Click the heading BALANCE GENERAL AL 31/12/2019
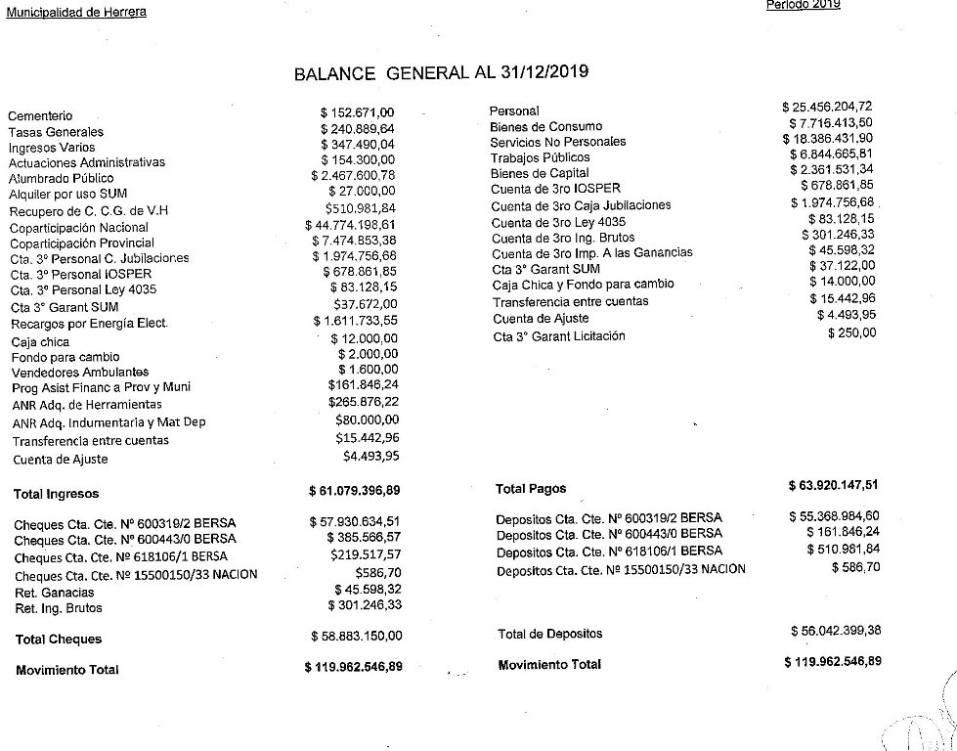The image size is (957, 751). click(x=441, y=73)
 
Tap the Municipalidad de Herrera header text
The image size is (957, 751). click(x=76, y=13)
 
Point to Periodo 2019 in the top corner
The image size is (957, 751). click(x=804, y=5)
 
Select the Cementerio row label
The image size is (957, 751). click(x=40, y=116)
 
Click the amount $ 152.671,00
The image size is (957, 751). click(x=358, y=112)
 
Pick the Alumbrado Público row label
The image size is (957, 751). click(x=62, y=178)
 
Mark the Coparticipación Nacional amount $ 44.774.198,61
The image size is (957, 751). click(x=354, y=225)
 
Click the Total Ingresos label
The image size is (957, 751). click(x=57, y=494)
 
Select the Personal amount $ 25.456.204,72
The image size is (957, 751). click(x=827, y=107)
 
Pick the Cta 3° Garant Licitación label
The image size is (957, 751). click(x=559, y=336)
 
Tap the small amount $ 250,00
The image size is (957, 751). click(x=852, y=332)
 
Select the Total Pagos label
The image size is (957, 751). click(x=531, y=488)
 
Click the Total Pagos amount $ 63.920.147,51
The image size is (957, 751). click(x=833, y=485)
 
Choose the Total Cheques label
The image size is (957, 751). click(x=59, y=640)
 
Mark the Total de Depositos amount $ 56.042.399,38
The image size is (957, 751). click(x=836, y=633)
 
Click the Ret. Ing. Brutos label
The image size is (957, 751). click(x=59, y=608)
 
